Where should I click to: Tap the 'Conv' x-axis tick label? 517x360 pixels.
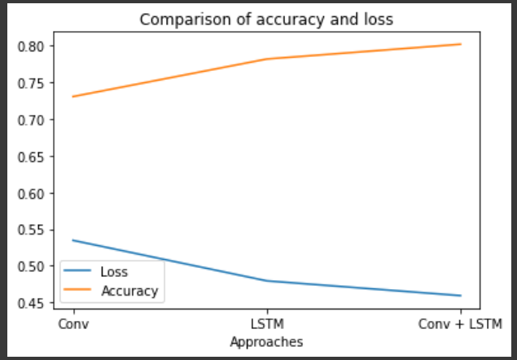click(73, 325)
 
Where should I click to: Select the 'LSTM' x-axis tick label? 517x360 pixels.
click(267, 325)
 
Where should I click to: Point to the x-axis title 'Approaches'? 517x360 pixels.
click(267, 342)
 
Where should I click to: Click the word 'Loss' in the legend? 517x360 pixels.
click(114, 272)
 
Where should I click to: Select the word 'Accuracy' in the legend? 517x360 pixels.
click(129, 290)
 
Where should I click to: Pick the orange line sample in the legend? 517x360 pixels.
click(80, 290)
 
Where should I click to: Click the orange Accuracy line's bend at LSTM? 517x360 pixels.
click(267, 59)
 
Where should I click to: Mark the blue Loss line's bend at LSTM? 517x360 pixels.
click(267, 281)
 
